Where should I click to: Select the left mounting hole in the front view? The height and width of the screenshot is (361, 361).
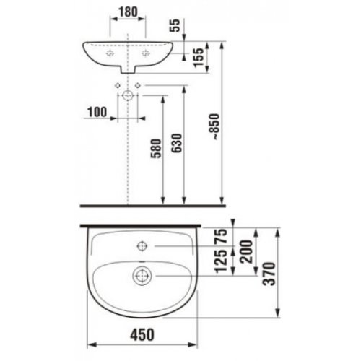tap(110, 53)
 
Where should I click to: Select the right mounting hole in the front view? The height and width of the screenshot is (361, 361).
tap(145, 53)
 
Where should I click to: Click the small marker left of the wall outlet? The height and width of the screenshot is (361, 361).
tap(116, 86)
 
